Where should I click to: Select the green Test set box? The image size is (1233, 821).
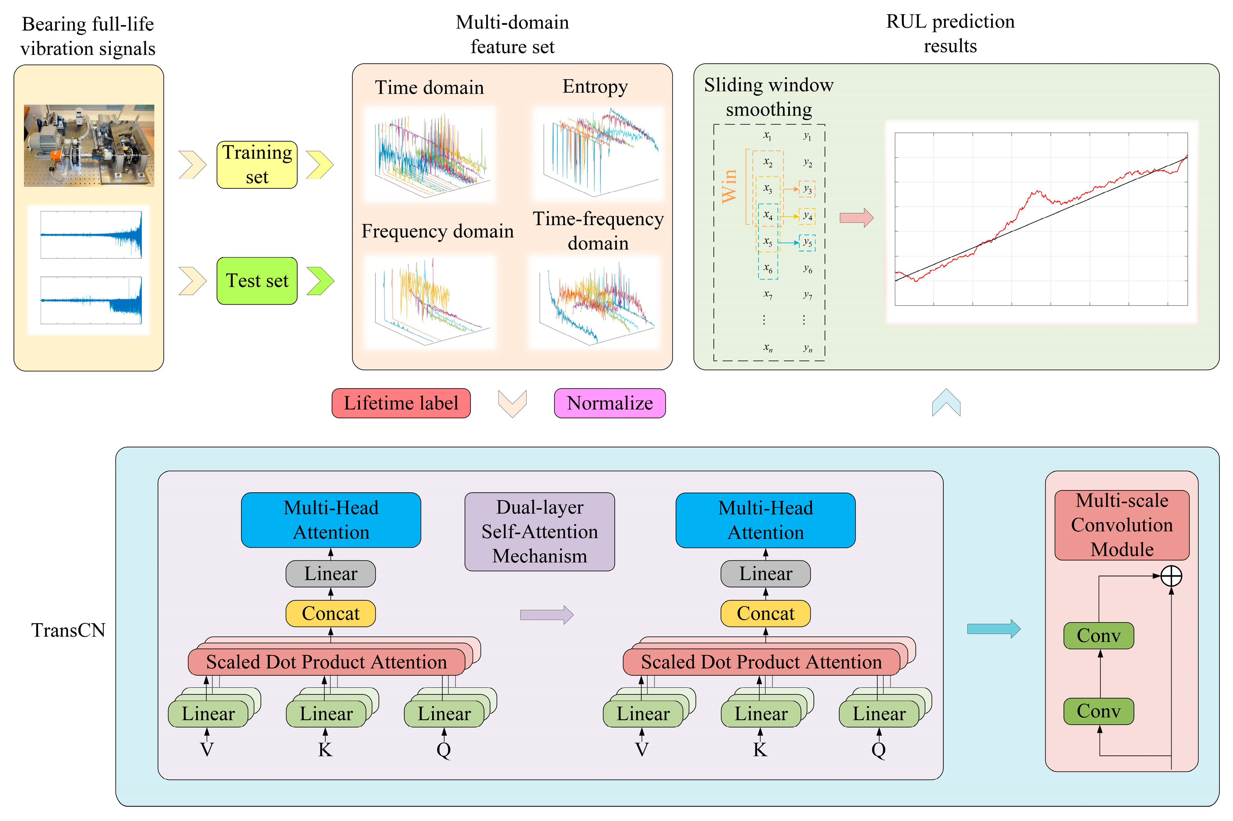257,281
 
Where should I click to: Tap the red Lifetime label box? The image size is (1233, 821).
401,403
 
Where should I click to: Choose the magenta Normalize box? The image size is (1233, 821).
610,403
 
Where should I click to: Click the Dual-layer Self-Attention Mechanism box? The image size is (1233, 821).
539,532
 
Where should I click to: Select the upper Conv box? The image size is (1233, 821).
1098,636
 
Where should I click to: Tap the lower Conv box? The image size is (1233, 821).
1098,711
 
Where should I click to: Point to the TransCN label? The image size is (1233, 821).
68,630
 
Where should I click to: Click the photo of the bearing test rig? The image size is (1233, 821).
89,146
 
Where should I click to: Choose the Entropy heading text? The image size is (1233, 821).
595,86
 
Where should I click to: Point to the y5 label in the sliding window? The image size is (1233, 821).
808,243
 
